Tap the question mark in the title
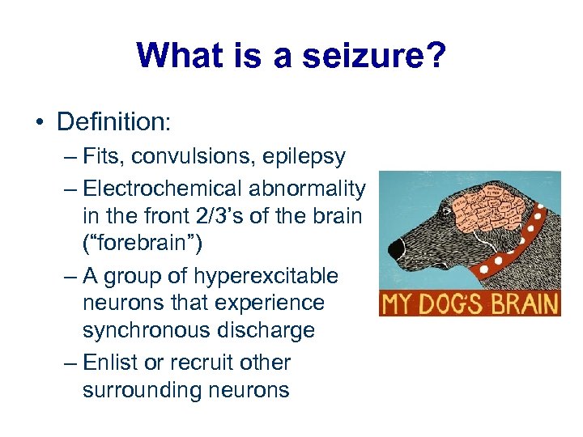(x=434, y=56)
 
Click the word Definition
(x=112, y=122)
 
